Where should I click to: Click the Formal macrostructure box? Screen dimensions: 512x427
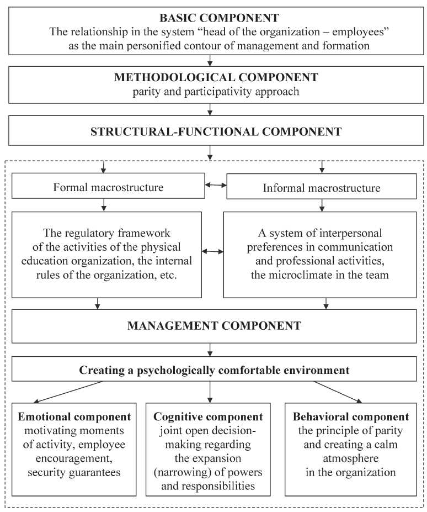point(108,187)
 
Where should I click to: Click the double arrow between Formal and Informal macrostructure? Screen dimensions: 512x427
point(216,185)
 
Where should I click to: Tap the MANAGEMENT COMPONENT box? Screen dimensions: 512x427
point(214,325)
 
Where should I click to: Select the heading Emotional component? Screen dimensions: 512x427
point(74,417)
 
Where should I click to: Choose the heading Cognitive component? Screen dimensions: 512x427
point(208,417)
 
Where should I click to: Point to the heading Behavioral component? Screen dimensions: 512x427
point(351,417)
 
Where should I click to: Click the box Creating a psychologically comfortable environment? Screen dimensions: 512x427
point(214,368)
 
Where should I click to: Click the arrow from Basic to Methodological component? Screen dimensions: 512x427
point(210,60)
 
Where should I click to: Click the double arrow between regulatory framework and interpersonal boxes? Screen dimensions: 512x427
point(213,252)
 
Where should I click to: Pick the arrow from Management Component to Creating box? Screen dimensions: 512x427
point(210,349)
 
